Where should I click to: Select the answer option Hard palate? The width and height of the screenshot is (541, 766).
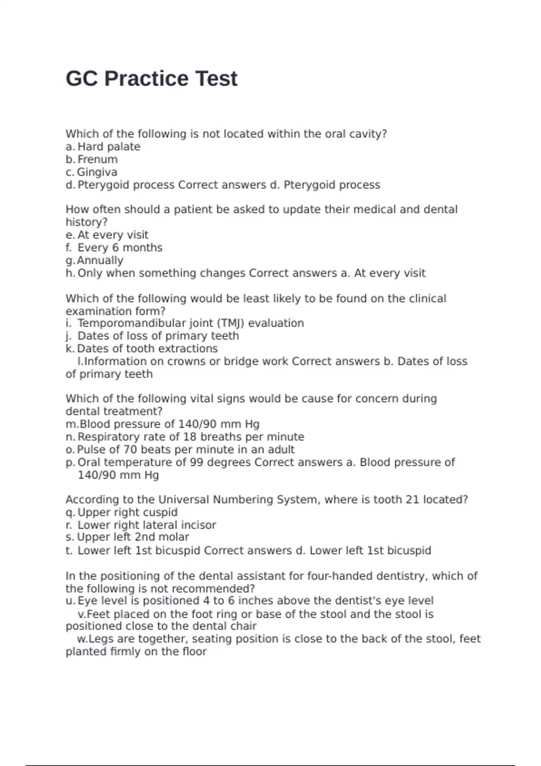(109, 147)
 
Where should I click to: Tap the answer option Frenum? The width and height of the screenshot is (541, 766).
(97, 160)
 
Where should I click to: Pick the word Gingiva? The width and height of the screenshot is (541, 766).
(97, 172)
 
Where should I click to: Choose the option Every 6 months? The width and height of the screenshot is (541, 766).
(120, 248)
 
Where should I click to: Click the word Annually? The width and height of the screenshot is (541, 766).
(100, 260)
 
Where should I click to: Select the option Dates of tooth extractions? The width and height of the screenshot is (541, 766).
(147, 349)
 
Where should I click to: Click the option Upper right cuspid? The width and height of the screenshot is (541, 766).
(128, 513)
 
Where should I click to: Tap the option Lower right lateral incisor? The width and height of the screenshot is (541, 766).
(147, 525)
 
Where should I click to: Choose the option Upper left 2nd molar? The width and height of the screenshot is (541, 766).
(133, 537)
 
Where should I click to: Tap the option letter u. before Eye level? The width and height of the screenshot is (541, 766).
(70, 601)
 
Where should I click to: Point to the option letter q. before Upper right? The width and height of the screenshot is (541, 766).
(70, 513)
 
